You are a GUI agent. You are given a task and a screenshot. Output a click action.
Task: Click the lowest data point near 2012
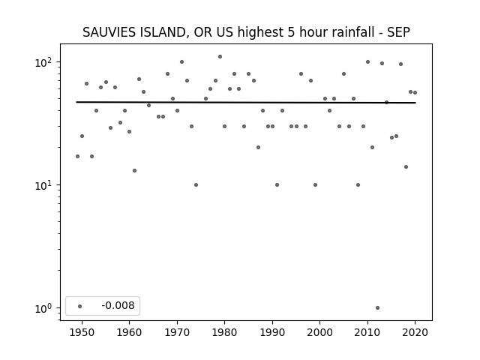377,308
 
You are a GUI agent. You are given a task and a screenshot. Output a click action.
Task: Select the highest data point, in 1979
220,57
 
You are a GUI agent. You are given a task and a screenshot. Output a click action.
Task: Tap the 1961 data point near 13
134,170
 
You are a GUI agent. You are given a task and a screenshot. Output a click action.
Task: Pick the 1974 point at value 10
196,185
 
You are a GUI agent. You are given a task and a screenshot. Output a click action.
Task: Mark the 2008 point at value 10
358,185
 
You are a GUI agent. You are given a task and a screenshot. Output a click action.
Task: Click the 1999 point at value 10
315,185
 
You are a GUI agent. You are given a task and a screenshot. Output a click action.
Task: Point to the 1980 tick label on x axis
224,332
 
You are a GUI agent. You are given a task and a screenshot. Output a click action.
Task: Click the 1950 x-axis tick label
82,332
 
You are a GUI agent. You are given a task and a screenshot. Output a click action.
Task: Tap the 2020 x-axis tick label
415,332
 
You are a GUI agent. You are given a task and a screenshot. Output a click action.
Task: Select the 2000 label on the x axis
319,332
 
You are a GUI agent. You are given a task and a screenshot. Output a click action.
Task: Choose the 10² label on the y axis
45,62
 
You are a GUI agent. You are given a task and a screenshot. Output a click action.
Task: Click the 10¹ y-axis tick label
45,185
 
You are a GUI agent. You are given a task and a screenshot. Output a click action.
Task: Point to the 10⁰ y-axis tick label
45,308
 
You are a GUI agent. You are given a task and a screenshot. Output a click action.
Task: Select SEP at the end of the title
398,32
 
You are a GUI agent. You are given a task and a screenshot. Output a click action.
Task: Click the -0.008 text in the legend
118,305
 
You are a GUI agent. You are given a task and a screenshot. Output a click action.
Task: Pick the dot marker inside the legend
80,306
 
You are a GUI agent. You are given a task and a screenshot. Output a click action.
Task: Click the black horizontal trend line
246,102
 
